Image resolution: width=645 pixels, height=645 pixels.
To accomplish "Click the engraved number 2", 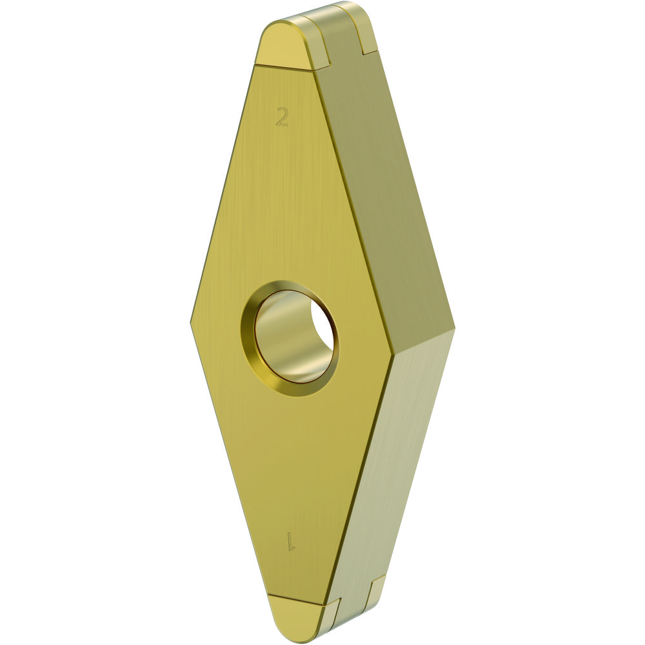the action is (283, 116).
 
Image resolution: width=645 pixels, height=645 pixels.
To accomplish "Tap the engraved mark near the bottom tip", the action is (292, 541).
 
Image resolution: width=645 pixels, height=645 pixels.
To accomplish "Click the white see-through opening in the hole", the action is (322, 326).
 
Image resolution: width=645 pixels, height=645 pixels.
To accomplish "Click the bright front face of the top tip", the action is (284, 47).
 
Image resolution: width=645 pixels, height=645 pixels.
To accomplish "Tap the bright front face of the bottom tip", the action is (295, 617).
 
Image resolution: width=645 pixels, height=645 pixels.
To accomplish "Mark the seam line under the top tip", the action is (284, 68).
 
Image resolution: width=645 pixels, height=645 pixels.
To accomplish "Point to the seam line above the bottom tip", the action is (297, 599).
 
